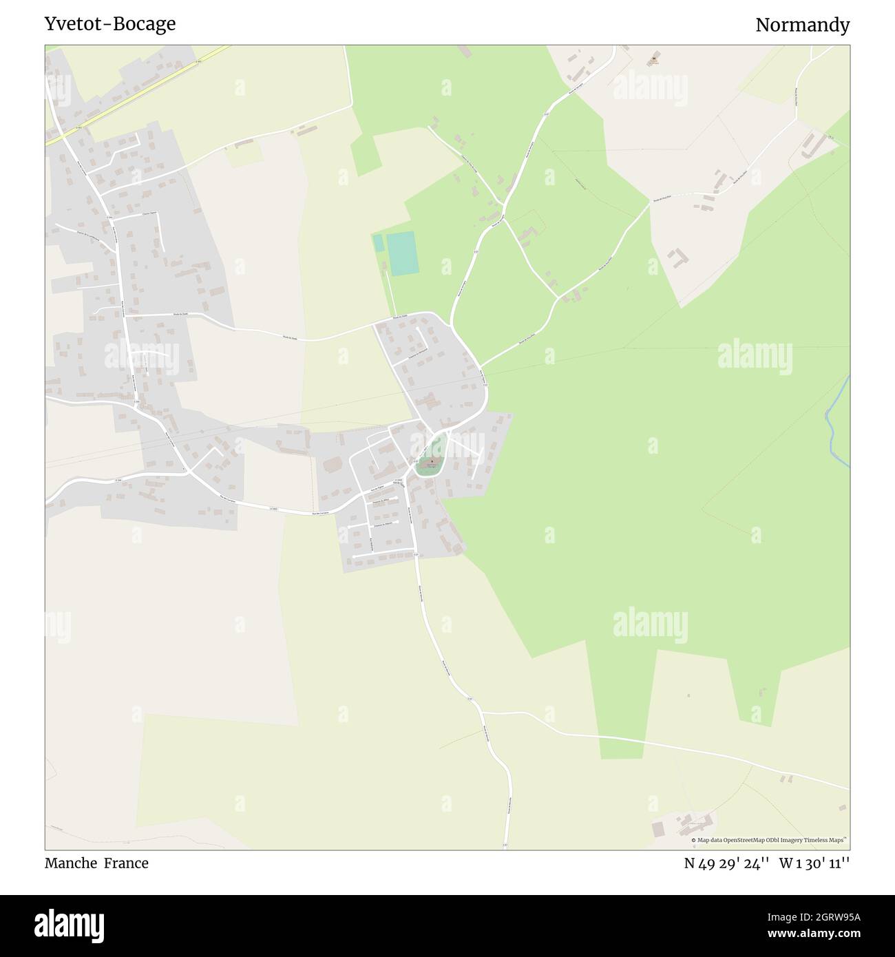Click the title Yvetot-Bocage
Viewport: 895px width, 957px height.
(x=110, y=24)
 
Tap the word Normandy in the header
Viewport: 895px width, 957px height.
(x=802, y=25)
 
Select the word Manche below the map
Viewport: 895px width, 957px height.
(x=71, y=863)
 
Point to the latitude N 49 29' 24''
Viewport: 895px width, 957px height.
(x=726, y=863)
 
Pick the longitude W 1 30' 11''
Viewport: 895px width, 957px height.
(x=814, y=863)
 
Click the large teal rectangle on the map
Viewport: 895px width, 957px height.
(x=402, y=253)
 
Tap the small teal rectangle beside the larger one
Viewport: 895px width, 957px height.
(x=378, y=243)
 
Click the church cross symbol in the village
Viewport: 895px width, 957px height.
(x=432, y=462)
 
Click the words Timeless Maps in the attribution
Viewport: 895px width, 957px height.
(x=826, y=840)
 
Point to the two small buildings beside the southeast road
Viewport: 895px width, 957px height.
(x=786, y=779)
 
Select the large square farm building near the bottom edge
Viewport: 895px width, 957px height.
(x=659, y=829)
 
